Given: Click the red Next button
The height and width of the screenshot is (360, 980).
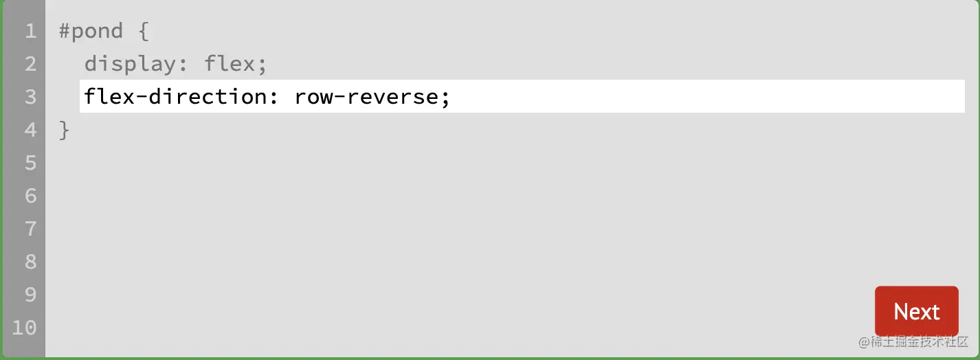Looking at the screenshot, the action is point(916,311).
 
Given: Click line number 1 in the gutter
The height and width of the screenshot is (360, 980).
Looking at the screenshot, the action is point(30,31).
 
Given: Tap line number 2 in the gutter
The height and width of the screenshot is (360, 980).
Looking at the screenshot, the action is point(30,64).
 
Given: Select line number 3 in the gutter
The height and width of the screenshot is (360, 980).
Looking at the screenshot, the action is point(30,97).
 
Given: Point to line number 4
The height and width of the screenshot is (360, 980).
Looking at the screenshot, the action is point(30,130).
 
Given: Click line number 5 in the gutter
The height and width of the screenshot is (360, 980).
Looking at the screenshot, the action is point(30,163).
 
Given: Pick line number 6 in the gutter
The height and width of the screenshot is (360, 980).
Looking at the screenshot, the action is point(30,196).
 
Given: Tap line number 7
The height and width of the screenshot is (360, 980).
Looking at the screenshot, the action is point(30,229).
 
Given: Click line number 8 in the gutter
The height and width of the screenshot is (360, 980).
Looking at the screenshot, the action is point(30,262).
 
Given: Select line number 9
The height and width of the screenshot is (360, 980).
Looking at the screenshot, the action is point(30,295).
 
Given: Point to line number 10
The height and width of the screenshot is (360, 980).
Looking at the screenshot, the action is point(24,328).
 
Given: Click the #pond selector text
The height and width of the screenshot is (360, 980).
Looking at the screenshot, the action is point(91,31).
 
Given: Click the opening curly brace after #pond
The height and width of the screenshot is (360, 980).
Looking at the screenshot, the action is point(143,31).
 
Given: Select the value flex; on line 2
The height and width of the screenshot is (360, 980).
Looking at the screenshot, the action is point(235,64).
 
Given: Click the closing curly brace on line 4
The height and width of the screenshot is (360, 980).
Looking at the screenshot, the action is point(65,130).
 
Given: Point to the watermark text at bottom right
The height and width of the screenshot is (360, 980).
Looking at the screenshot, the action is point(913,342).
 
